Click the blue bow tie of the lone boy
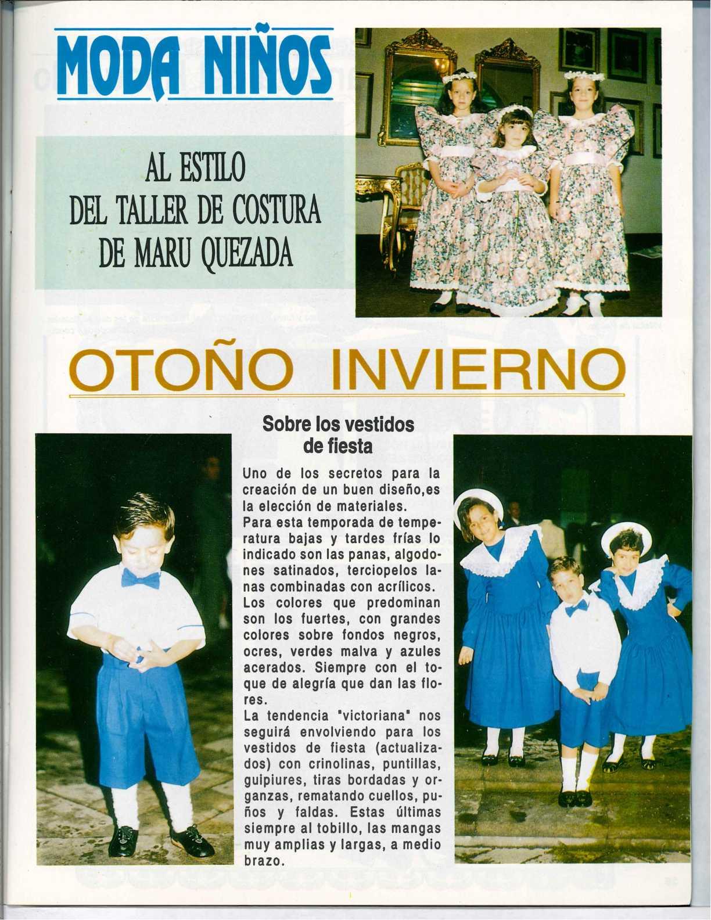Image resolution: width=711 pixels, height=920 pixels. [x=141, y=578]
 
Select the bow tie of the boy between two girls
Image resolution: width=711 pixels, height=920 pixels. [x=577, y=608]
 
